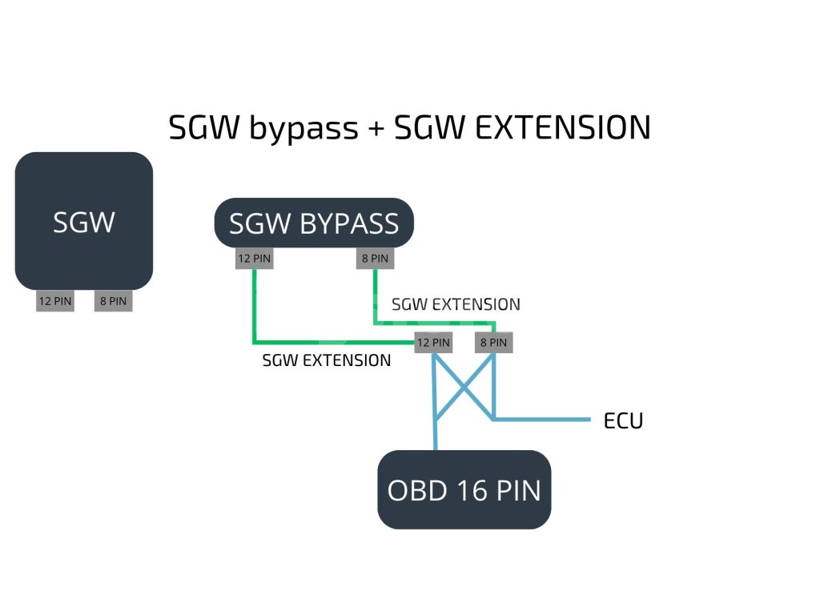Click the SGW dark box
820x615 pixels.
84,221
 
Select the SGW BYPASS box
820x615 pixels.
313,223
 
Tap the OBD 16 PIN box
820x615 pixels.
464,489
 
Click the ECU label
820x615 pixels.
623,420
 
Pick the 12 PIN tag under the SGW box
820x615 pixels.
55,302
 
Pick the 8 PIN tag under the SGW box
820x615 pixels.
114,302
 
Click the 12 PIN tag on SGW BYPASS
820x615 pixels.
254,259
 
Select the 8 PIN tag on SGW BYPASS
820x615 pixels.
375,259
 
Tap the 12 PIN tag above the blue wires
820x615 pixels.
432,343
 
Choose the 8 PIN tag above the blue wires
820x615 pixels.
493,343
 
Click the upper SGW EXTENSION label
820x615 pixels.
456,304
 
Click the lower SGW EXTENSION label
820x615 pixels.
327,360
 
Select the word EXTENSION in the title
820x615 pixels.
561,128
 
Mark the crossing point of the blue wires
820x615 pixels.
463,386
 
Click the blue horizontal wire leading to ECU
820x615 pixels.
545,419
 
